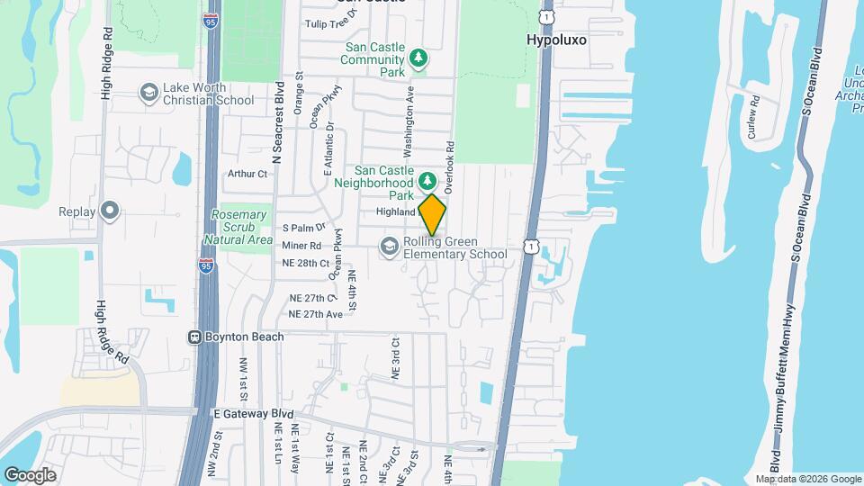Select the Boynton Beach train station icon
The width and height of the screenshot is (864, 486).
pyautogui.click(x=193, y=337)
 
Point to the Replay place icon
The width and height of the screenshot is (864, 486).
pyautogui.click(x=110, y=211)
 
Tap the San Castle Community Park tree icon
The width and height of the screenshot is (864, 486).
pyautogui.click(x=418, y=58)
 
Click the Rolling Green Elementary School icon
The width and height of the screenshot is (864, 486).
pyautogui.click(x=390, y=247)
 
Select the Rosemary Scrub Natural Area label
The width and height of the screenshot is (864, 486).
pyautogui.click(x=238, y=227)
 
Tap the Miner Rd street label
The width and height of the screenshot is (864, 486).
pyautogui.click(x=301, y=245)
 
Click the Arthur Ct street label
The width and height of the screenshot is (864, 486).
pyautogui.click(x=248, y=174)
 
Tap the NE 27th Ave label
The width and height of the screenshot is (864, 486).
pyautogui.click(x=315, y=314)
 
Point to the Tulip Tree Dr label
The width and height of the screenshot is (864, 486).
pyautogui.click(x=332, y=24)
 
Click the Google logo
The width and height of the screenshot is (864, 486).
pyautogui.click(x=29, y=474)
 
